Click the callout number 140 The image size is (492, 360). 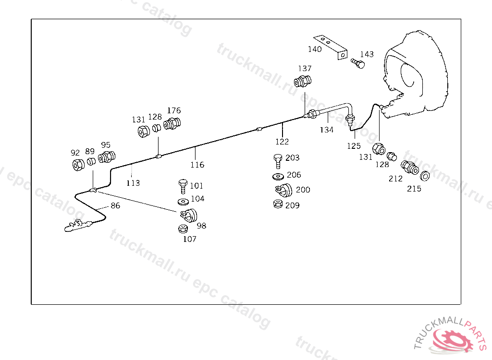(315, 49)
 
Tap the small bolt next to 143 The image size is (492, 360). (356, 63)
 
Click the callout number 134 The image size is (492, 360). (327, 130)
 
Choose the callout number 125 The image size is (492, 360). (354, 145)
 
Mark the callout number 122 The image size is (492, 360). (282, 142)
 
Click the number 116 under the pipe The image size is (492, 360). (197, 165)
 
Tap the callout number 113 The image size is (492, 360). (133, 183)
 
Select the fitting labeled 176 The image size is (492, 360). (172, 124)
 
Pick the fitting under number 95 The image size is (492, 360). (106, 157)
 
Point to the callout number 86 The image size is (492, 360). (115, 206)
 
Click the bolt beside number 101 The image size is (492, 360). (183, 185)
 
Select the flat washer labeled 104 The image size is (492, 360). (183, 200)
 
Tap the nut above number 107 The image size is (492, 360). (183, 228)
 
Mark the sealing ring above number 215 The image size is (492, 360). (425, 176)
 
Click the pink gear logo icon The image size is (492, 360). (452, 340)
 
